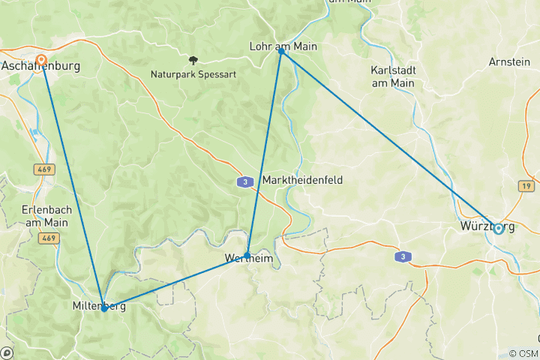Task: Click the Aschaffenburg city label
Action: click(40, 67)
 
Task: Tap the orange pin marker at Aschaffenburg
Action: click(41, 59)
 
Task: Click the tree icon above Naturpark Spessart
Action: click(193, 60)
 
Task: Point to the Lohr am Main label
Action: click(283, 46)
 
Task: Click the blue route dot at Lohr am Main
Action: click(281, 51)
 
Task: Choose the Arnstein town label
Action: click(509, 62)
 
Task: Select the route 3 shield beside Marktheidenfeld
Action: click(244, 181)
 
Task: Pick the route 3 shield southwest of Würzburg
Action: click(403, 257)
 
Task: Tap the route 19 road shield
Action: click(526, 184)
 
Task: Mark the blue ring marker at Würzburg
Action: click(498, 229)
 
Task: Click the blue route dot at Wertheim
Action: click(247, 255)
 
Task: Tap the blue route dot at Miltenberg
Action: click(103, 307)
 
